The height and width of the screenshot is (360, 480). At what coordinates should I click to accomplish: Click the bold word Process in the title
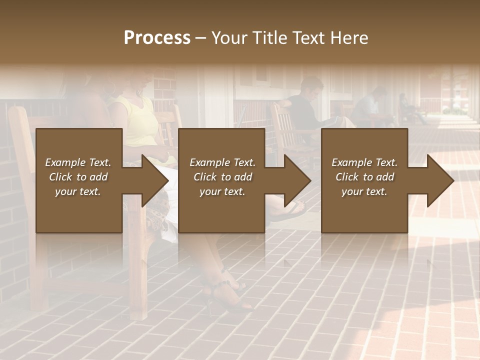click(x=157, y=38)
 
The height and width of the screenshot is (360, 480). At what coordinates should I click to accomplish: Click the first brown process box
click(x=79, y=180)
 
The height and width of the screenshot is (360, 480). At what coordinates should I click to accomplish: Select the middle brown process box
click(x=221, y=180)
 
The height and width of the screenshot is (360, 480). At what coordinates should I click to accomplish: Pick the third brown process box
click(x=364, y=180)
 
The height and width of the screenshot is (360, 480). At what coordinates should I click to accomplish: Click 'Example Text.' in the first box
click(x=78, y=162)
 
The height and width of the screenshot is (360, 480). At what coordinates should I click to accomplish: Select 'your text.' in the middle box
click(x=222, y=191)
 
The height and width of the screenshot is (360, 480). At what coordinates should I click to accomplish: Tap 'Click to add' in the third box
click(x=365, y=177)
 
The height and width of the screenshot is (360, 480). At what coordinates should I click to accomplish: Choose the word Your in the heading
click(x=229, y=38)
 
